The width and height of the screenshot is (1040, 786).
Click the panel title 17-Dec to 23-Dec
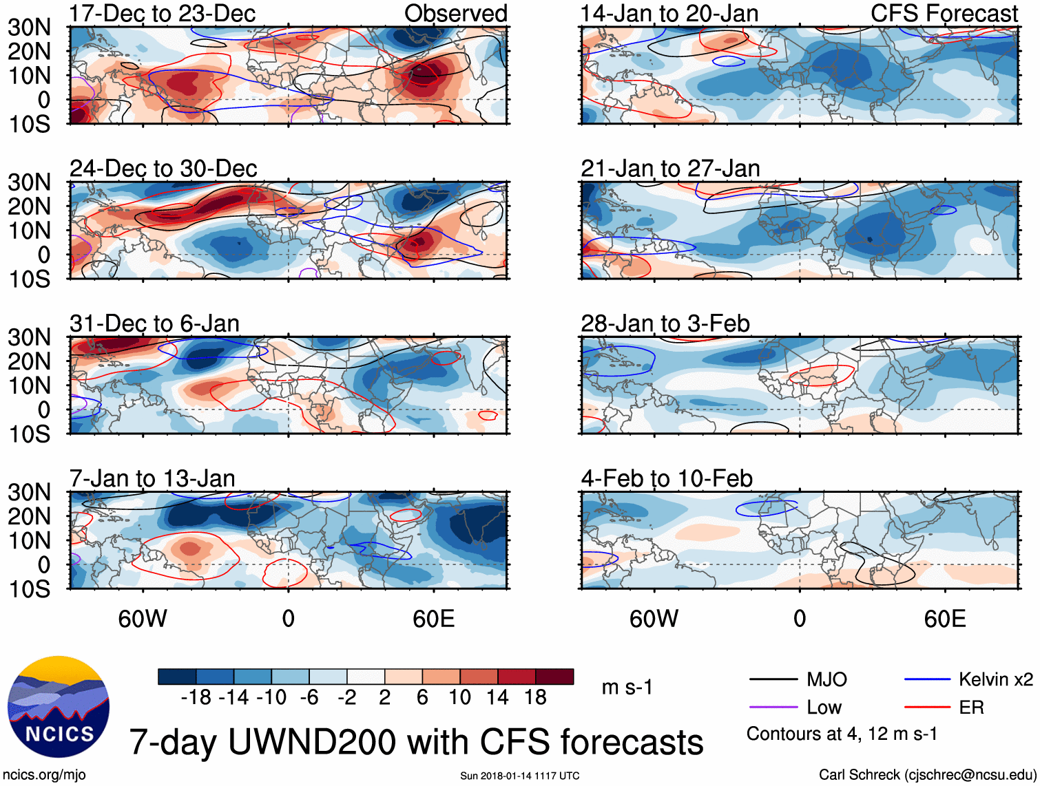[x=163, y=13]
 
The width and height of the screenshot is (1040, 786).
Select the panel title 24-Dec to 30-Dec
[x=163, y=168]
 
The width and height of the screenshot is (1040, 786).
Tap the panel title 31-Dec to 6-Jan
[x=154, y=323]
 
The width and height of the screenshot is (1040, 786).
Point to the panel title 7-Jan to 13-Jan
[x=152, y=478]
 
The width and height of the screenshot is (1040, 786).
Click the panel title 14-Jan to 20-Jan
[x=669, y=13]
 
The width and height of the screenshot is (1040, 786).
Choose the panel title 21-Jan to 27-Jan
[x=670, y=168]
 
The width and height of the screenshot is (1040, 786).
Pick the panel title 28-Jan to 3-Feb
[x=665, y=323]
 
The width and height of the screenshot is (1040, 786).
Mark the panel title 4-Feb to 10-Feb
[x=667, y=478]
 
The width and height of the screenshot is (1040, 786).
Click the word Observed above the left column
[x=456, y=13]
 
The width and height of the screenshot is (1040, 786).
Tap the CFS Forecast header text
[x=944, y=13]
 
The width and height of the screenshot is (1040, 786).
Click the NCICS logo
[x=59, y=707]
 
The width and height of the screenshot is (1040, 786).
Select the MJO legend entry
[x=826, y=680]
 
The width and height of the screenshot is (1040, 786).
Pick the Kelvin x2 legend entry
[x=995, y=680]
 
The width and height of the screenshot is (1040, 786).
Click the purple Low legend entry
[x=824, y=708]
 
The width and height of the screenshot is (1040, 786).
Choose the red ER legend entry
[x=971, y=708]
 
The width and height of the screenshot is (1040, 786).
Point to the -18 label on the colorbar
[x=196, y=697]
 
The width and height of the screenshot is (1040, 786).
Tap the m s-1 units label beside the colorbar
[x=627, y=687]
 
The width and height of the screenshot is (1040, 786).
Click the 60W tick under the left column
[x=143, y=618]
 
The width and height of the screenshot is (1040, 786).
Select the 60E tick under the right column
[x=945, y=618]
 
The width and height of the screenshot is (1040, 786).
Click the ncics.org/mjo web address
[x=44, y=774]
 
